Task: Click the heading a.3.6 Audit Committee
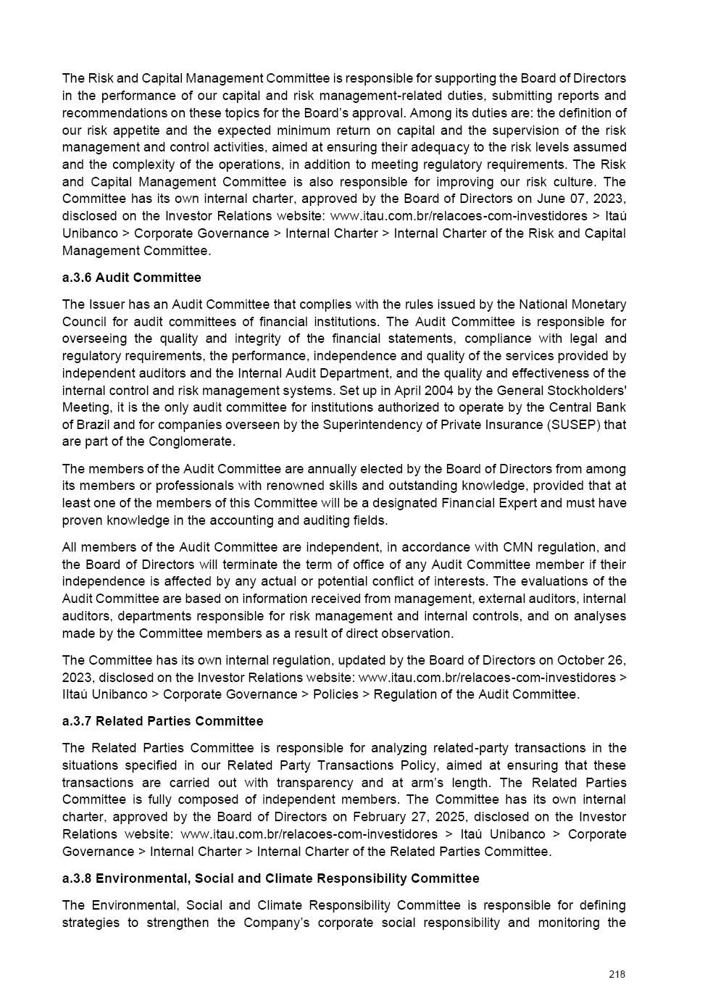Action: (x=131, y=278)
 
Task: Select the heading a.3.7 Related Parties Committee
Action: (x=162, y=721)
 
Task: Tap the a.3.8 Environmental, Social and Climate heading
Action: (x=270, y=878)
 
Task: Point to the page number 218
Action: (x=617, y=974)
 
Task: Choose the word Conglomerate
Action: (x=191, y=441)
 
